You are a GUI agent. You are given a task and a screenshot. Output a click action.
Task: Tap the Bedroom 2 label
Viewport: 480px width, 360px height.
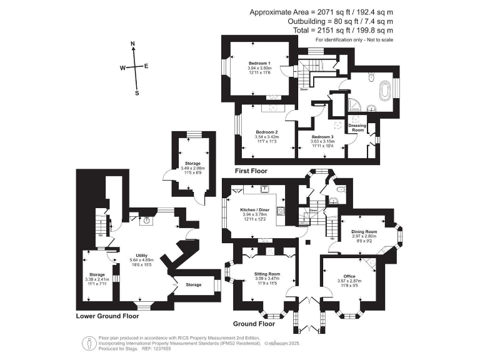(267, 131)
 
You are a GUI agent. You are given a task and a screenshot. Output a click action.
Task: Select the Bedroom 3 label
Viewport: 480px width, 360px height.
(322, 136)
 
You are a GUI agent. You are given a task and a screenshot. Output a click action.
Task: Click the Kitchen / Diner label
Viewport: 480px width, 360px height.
(252, 209)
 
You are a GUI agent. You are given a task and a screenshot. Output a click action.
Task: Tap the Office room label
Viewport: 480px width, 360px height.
(349, 275)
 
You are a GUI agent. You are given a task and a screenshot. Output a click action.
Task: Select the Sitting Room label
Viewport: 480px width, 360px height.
(267, 274)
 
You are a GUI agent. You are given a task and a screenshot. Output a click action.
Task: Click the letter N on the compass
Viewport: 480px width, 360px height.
(132, 44)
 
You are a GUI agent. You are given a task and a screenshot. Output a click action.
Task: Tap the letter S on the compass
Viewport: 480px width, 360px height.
(137, 93)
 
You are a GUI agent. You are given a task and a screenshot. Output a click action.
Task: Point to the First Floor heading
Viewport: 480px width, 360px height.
(251, 171)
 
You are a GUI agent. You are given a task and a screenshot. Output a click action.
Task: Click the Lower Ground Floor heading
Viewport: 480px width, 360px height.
(107, 316)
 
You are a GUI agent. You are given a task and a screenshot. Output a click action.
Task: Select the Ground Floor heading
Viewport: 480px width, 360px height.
(254, 324)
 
